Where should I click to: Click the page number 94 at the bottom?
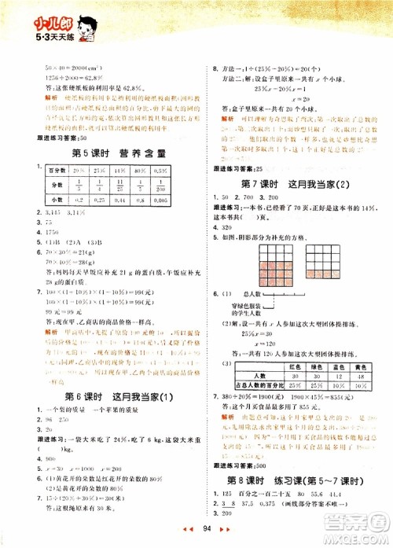[207, 537]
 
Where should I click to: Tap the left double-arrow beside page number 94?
[186, 537]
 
